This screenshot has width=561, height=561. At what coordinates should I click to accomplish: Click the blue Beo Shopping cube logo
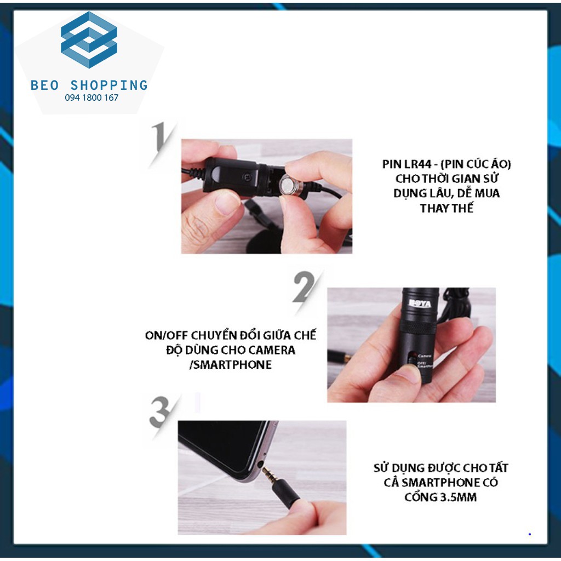(x=89, y=39)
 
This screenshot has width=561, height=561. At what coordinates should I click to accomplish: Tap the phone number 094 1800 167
(x=91, y=98)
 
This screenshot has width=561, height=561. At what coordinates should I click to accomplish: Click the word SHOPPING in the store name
(x=109, y=85)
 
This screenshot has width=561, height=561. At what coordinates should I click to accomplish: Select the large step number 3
(x=162, y=413)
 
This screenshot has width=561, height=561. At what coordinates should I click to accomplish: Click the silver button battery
(x=290, y=186)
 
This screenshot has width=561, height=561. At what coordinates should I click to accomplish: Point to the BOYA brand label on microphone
(x=420, y=304)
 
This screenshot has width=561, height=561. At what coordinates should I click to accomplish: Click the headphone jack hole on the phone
(x=260, y=465)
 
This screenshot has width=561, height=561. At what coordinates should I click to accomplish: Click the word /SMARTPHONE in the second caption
(x=231, y=365)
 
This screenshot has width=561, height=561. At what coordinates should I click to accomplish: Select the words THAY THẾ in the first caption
(x=447, y=208)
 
